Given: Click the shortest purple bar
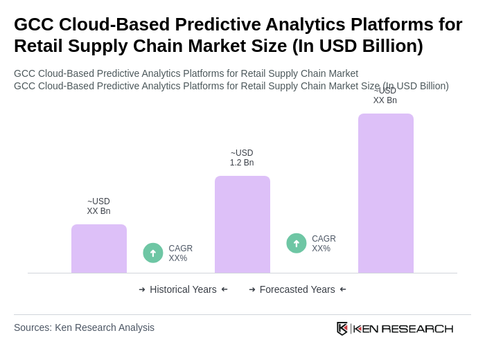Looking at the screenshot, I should click(99, 249).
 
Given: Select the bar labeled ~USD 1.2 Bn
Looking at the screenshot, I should click(242, 224).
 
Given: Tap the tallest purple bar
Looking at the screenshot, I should click(386, 193).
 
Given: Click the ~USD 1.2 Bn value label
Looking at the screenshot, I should click(242, 158).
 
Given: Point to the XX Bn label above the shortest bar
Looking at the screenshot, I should click(98, 206).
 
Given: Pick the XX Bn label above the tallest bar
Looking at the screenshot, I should click(385, 96).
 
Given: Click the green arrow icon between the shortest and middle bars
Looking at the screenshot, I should click(153, 253).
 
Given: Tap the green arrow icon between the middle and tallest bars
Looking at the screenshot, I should click(297, 243).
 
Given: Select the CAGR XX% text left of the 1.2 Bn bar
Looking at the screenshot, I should click(180, 253).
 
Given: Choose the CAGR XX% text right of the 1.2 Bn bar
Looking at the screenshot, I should click(324, 244).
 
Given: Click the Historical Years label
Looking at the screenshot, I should click(183, 289).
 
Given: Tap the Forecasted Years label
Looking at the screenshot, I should click(297, 289).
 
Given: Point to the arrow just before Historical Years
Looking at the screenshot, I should click(142, 289).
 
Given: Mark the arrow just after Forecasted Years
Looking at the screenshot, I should click(343, 289).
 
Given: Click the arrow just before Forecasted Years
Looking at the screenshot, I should click(252, 289).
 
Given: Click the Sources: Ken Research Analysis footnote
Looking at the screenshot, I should click(84, 327).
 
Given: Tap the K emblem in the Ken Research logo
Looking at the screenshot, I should click(342, 328).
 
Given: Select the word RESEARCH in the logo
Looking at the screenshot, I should click(417, 329).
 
